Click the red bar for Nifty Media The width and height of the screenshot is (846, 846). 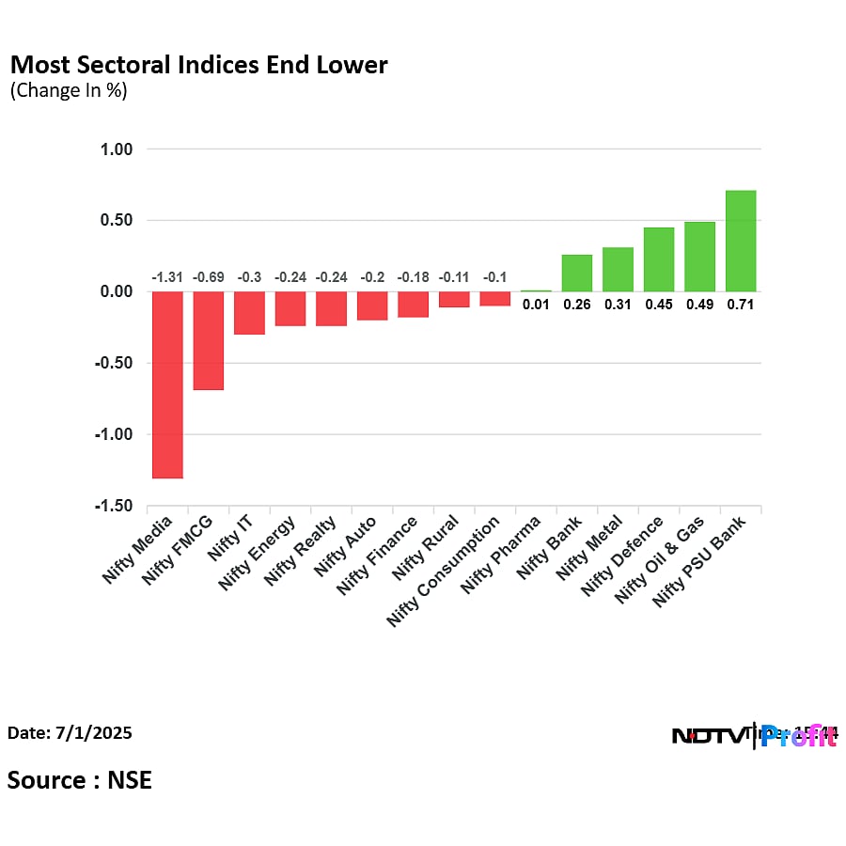click(x=167, y=384)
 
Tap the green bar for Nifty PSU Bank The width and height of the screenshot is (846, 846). click(x=741, y=241)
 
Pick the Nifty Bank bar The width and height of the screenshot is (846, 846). click(x=577, y=273)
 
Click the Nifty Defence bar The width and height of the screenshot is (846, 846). click(x=659, y=259)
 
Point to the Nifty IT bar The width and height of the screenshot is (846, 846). click(x=249, y=313)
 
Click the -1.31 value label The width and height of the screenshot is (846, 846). click(x=167, y=277)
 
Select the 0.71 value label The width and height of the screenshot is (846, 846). click(x=741, y=305)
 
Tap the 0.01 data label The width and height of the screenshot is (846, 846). click(x=536, y=305)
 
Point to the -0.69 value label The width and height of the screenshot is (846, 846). click(x=209, y=277)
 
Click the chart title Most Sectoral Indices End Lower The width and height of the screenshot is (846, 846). click(x=198, y=65)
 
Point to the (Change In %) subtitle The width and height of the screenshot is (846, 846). click(x=68, y=91)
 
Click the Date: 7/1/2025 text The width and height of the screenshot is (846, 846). click(x=70, y=732)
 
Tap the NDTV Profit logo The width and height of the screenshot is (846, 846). click(x=754, y=735)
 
